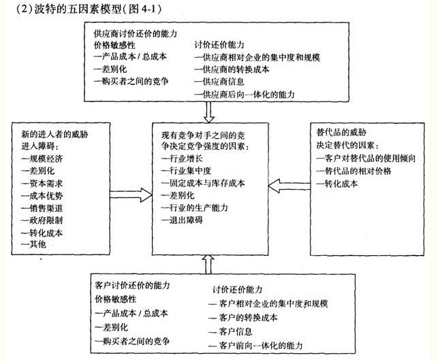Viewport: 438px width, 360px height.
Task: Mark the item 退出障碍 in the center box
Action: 182,220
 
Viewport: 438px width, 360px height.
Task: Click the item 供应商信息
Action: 222,82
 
